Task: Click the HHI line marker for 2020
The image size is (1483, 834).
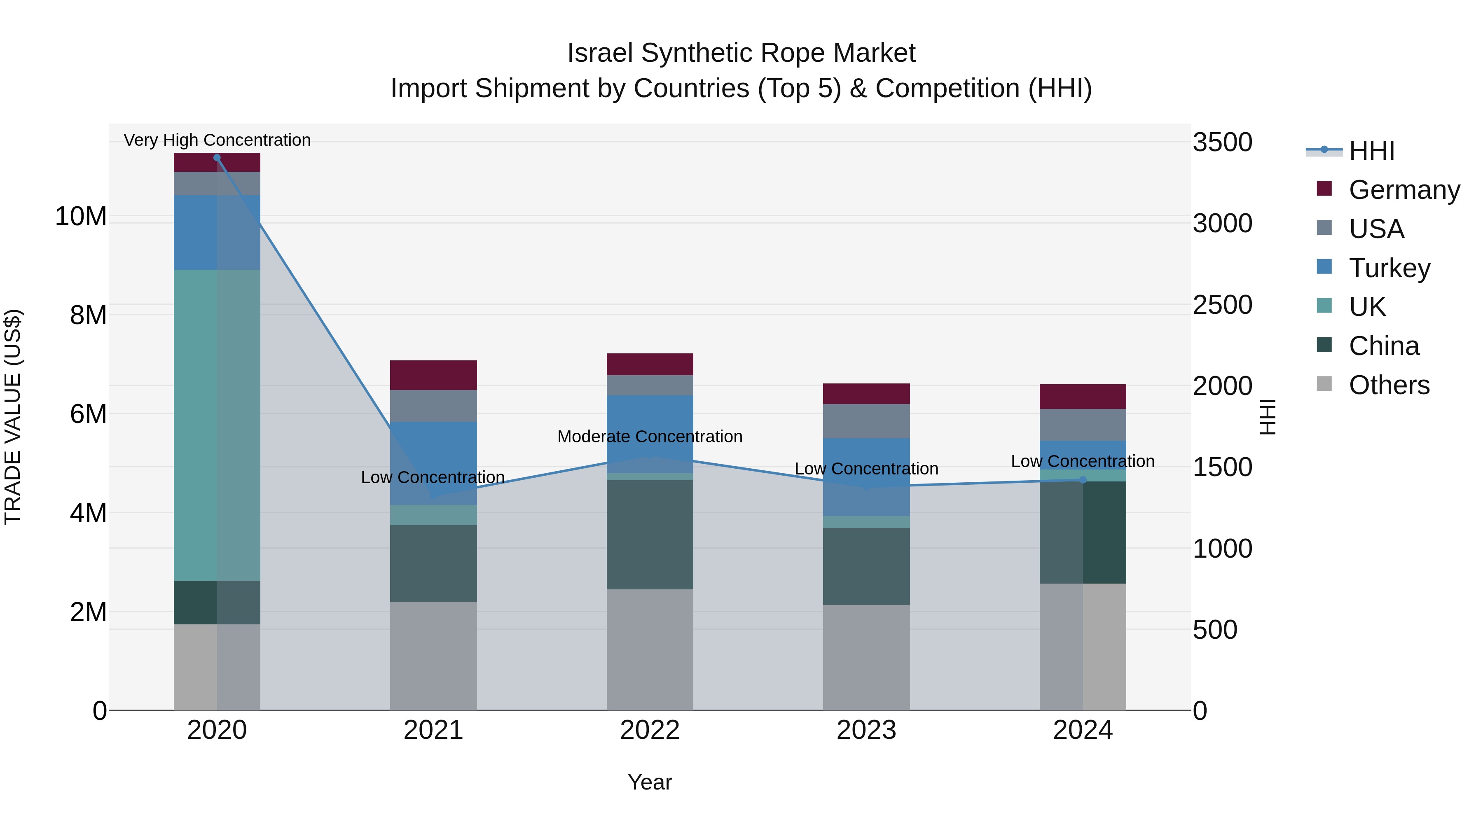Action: (217, 158)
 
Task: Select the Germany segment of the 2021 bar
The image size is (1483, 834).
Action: (433, 375)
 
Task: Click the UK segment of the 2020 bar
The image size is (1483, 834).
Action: (217, 425)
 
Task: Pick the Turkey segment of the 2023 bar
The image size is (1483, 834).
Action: (866, 477)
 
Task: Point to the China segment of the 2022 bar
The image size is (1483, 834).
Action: (650, 534)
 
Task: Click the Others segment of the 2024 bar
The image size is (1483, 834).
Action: (1083, 647)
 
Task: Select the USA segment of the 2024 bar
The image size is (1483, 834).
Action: (1083, 425)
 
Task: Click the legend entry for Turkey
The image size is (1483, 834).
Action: (1389, 268)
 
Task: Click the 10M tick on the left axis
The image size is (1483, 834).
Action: (81, 216)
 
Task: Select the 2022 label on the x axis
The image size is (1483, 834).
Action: (650, 730)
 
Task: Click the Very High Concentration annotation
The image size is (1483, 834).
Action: (217, 140)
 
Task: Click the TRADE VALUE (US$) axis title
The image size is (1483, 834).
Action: (13, 417)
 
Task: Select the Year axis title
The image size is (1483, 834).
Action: (650, 782)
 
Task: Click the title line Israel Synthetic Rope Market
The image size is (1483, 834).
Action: (741, 53)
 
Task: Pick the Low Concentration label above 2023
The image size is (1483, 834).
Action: (866, 469)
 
